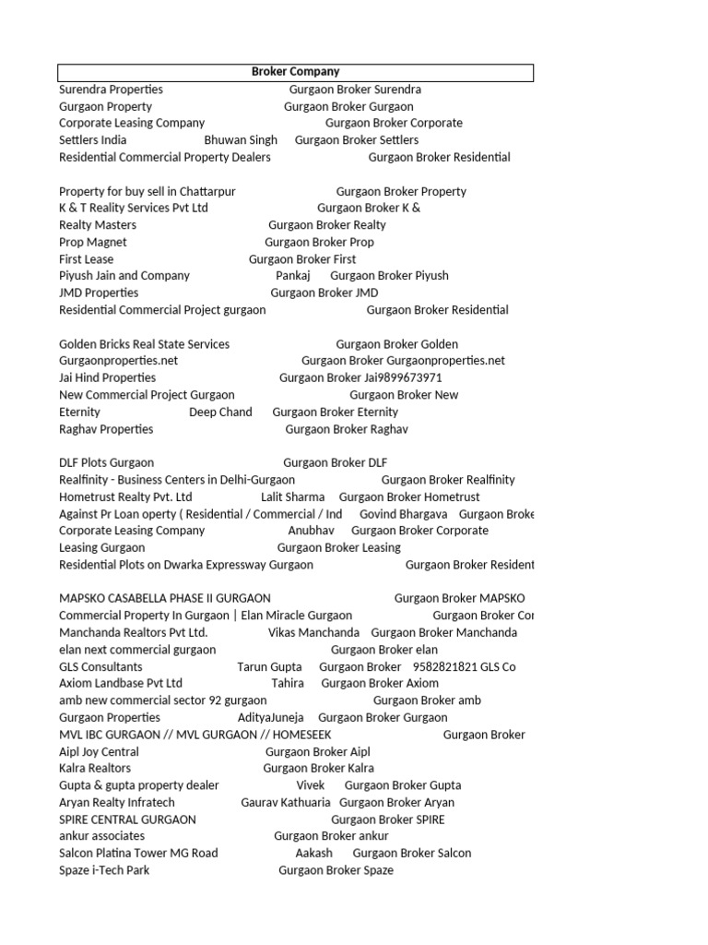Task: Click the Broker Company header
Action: tap(295, 72)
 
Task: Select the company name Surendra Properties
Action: tap(111, 90)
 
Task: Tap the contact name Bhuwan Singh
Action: tap(241, 140)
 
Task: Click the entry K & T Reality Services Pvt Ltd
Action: tap(134, 209)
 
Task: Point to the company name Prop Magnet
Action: tap(93, 243)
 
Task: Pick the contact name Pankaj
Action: tap(293, 276)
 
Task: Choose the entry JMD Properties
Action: tap(99, 293)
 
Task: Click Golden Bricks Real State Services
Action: tap(144, 344)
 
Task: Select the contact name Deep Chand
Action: tap(220, 413)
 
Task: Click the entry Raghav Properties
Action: tap(106, 429)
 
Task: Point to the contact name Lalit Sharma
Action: tap(293, 497)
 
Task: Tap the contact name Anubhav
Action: tap(312, 532)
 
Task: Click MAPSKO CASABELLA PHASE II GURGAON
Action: tap(165, 599)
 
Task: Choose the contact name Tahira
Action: tap(288, 684)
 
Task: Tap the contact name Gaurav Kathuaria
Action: tap(286, 803)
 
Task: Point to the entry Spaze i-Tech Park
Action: tap(104, 871)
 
